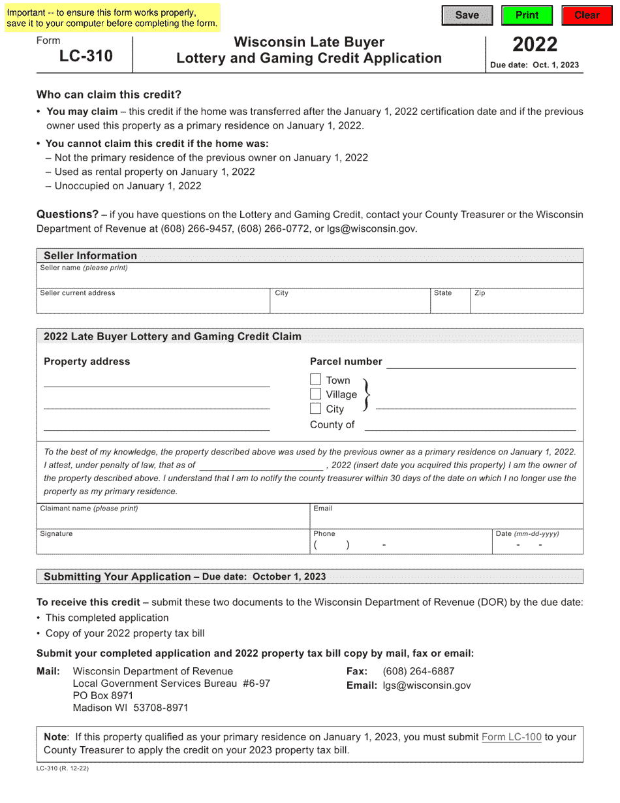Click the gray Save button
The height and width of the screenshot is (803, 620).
point(467,15)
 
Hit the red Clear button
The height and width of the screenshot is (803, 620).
point(587,15)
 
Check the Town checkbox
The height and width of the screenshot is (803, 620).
point(316,379)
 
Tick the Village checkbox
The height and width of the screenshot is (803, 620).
point(316,394)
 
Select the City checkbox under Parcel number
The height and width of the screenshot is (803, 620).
point(316,409)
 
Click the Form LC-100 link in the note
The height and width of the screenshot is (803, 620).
point(511,737)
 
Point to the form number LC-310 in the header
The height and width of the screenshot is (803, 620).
point(85,56)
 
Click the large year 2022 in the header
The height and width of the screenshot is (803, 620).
point(535,44)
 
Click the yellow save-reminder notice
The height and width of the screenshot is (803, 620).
point(111,18)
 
